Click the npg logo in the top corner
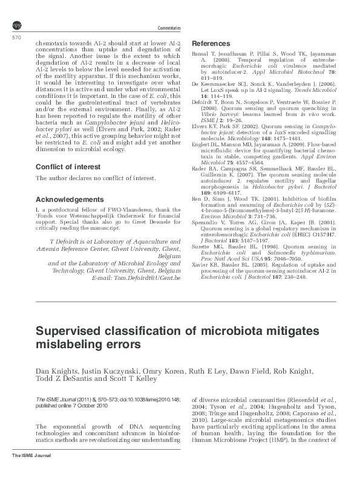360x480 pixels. coord(16,24)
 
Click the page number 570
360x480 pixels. coord(17,38)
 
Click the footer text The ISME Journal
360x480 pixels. coord(30,471)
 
